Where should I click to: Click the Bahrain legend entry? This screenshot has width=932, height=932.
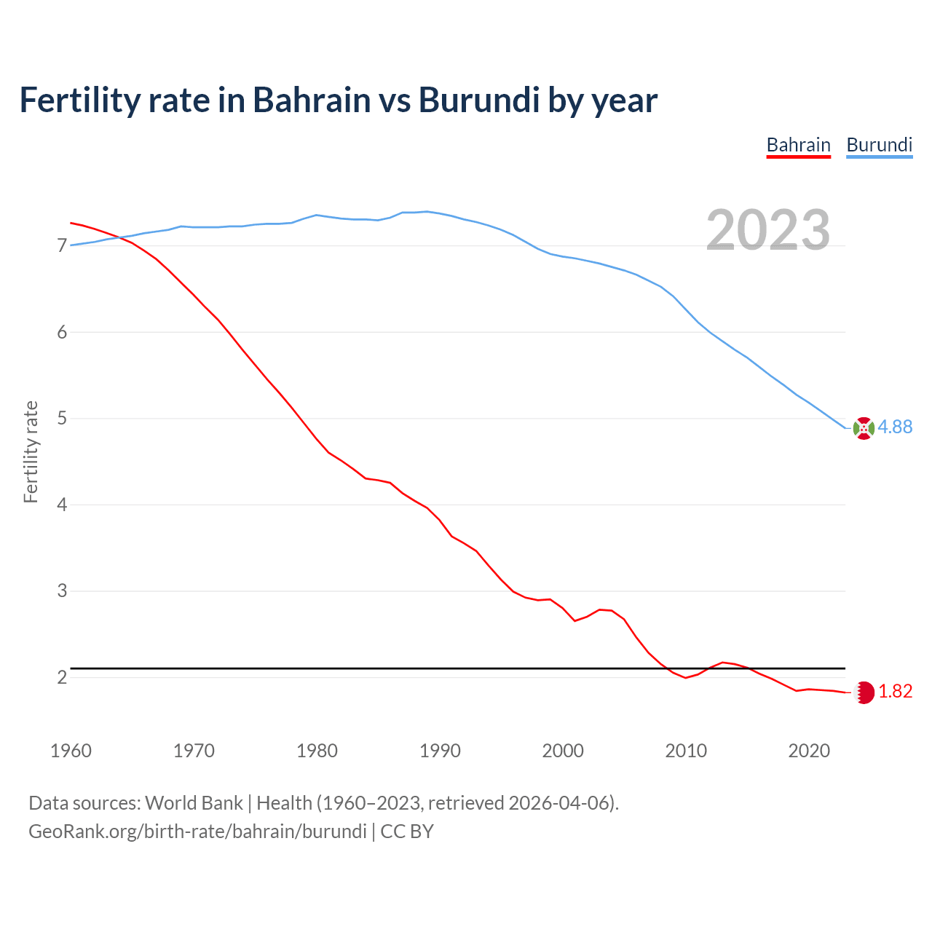pyautogui.click(x=798, y=146)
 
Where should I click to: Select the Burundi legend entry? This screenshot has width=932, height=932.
pyautogui.click(x=879, y=146)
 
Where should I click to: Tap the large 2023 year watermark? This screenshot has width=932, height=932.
pyautogui.click(x=768, y=230)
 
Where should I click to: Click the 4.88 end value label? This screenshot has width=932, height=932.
pyautogui.click(x=895, y=427)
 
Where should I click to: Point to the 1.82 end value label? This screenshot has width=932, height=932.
pyautogui.click(x=895, y=692)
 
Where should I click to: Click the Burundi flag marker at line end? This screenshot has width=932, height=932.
pyautogui.click(x=864, y=429)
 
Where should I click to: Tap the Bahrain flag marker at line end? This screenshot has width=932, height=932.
pyautogui.click(x=864, y=692)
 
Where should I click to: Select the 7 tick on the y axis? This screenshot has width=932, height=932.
pyautogui.click(x=62, y=246)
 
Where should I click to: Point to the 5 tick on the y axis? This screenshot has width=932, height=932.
pyautogui.click(x=62, y=419)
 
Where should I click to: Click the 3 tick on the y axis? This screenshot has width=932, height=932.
pyautogui.click(x=62, y=591)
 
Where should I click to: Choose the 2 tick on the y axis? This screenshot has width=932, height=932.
pyautogui.click(x=62, y=678)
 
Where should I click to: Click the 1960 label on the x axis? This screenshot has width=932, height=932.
pyautogui.click(x=71, y=751)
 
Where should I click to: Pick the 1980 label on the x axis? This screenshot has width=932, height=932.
pyautogui.click(x=317, y=751)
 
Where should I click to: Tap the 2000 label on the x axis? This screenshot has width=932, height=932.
pyautogui.click(x=563, y=751)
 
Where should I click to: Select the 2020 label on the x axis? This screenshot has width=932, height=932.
pyautogui.click(x=809, y=751)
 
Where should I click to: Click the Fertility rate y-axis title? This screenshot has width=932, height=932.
pyautogui.click(x=31, y=451)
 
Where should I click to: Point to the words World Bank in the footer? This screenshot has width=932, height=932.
pyautogui.click(x=194, y=803)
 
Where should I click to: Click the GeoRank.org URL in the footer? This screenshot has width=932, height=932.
pyautogui.click(x=197, y=832)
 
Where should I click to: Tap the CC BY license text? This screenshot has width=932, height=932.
pyautogui.click(x=407, y=832)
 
